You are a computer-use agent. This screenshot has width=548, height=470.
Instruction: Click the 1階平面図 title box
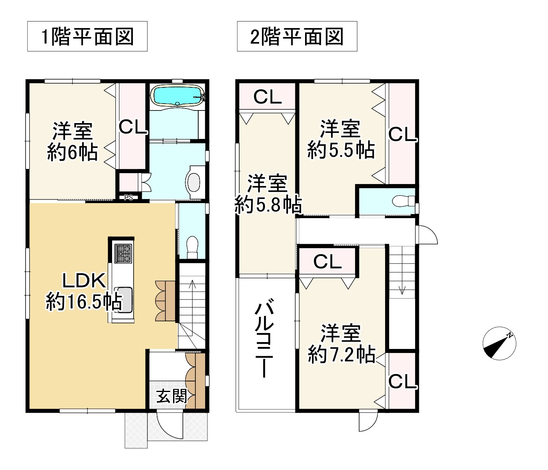click(87, 37)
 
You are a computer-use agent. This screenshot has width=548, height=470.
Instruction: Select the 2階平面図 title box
click(297, 37)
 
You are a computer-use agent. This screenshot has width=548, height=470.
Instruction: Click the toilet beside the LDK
click(192, 245)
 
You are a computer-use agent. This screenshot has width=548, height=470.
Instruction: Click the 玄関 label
click(172, 396)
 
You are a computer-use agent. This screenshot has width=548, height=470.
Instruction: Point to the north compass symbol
click(500, 343)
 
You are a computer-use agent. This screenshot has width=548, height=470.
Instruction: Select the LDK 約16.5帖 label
click(84, 291)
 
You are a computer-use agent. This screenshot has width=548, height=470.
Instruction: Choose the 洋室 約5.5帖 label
click(340, 139)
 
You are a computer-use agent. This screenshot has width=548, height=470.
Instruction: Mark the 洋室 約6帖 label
click(72, 142)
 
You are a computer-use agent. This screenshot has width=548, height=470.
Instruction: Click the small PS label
click(129, 198)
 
